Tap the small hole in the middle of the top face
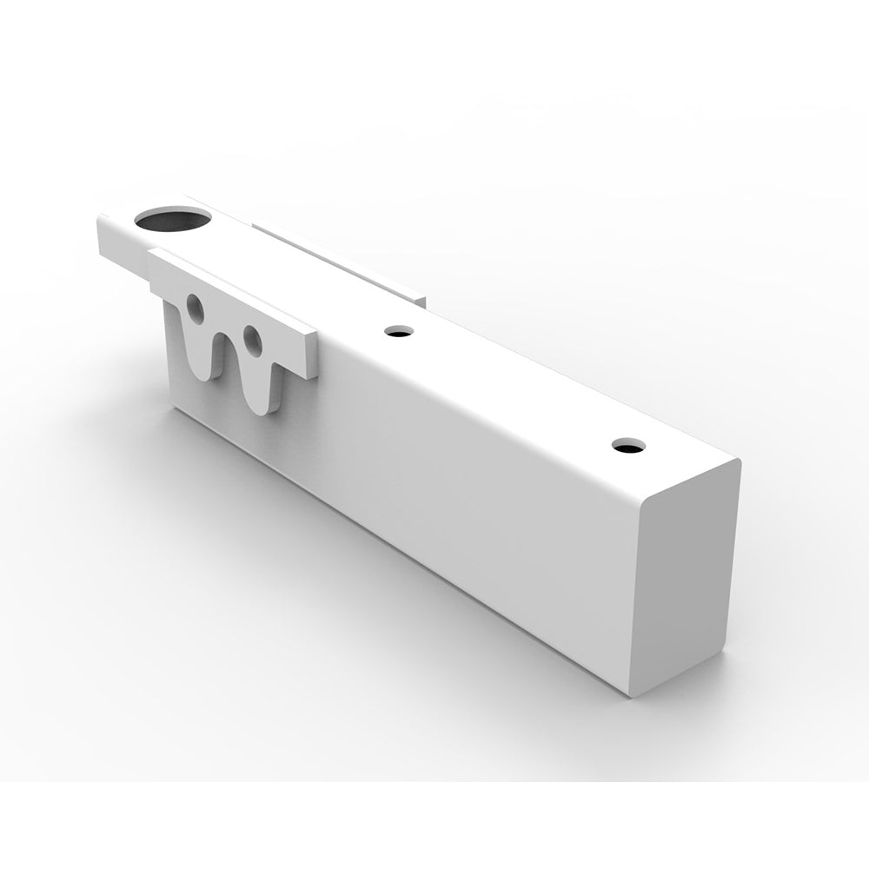399,331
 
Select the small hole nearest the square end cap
627,446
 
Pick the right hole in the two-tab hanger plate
253,340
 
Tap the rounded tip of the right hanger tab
264,404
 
